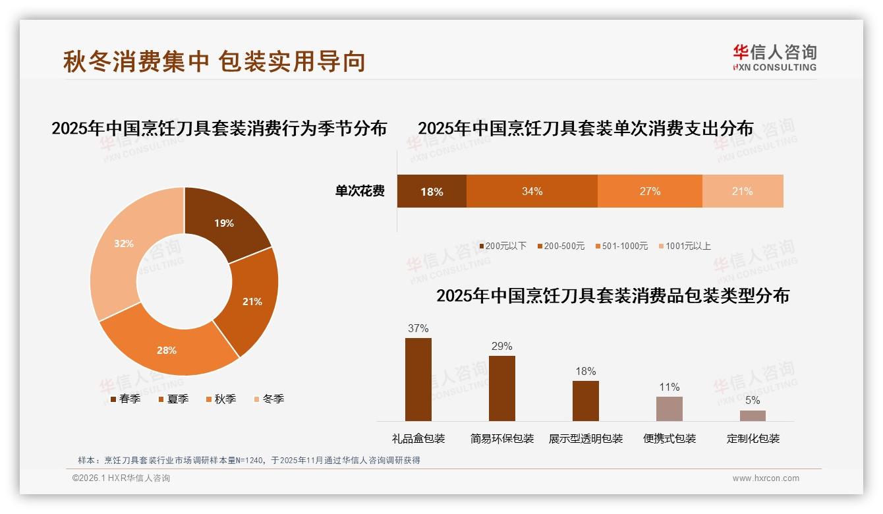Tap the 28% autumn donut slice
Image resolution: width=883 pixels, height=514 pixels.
click(167, 349)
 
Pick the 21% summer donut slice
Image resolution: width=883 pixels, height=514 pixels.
click(252, 301)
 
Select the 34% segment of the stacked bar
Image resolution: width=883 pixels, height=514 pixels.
click(532, 191)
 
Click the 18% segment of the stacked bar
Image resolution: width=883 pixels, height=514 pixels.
click(432, 191)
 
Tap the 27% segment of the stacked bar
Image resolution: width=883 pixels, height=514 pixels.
click(650, 191)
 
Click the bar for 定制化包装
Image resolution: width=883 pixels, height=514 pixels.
click(753, 415)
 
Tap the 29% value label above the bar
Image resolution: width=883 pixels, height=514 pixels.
click(501, 346)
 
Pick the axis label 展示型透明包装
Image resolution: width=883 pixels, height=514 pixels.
click(585, 438)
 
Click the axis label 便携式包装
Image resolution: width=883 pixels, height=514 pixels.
click(669, 438)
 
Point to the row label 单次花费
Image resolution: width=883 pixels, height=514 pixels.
click(360, 191)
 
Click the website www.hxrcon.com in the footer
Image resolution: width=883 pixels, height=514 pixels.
click(765, 478)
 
